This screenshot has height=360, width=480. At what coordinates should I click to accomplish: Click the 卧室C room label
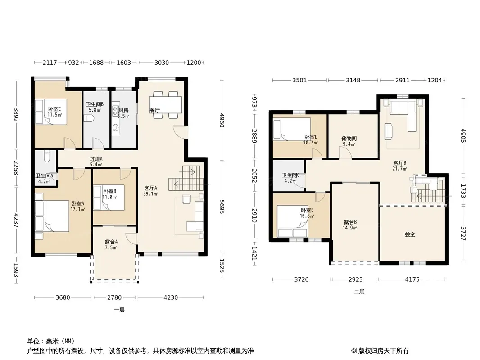coord(54,109)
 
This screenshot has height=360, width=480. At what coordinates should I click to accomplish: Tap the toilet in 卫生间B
coord(90,118)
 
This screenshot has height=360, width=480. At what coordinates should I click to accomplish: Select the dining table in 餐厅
coord(166,104)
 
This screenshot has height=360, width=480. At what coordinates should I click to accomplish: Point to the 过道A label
coord(96,159)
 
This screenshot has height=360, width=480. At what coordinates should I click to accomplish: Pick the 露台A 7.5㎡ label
coord(111,244)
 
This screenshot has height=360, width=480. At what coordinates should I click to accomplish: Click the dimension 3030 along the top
coord(161,63)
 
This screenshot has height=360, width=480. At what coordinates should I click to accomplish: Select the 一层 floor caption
coord(119,310)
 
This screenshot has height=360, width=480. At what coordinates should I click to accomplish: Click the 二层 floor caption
coord(359,292)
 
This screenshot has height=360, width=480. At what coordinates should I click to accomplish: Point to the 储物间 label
coord(349,139)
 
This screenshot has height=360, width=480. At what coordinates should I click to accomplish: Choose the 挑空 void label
coord(410,234)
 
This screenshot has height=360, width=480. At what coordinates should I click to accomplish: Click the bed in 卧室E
coord(292,221)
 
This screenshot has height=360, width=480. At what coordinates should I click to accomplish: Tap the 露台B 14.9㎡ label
coord(350,225)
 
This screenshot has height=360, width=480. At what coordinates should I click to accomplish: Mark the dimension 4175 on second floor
coord(412,279)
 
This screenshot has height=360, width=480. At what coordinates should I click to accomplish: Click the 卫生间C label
coord(290,175)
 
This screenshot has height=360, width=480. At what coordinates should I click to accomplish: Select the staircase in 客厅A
coord(186,178)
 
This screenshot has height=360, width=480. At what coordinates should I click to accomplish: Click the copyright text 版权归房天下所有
coord(383,351)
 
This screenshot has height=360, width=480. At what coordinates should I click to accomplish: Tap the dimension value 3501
coord(299,80)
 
